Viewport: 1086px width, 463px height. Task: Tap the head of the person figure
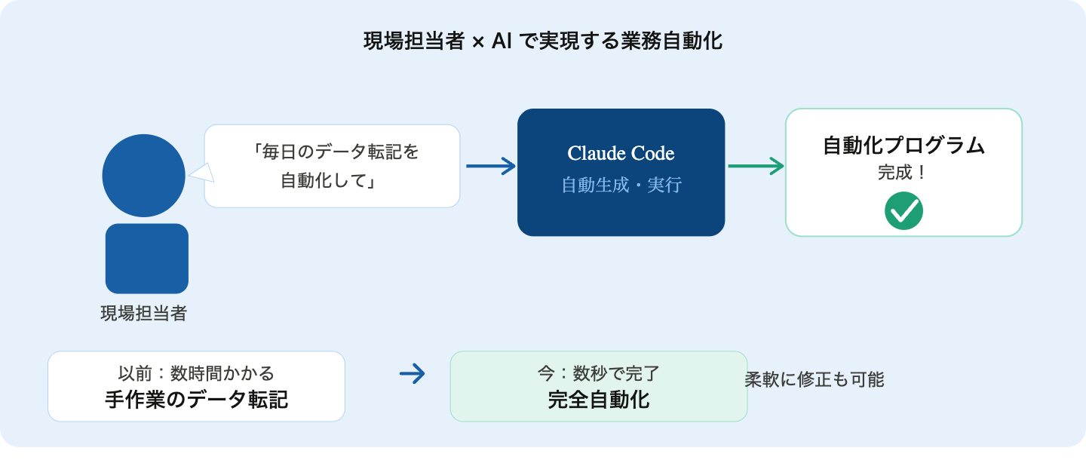[143, 176]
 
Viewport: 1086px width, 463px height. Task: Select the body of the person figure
[146, 259]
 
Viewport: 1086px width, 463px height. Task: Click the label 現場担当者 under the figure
[143, 314]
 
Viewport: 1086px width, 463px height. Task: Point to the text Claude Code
[621, 154]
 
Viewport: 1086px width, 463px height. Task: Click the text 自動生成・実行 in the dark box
[621, 185]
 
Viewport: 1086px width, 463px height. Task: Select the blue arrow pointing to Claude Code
[490, 166]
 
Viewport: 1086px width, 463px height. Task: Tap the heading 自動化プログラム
[903, 146]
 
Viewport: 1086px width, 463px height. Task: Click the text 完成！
[903, 173]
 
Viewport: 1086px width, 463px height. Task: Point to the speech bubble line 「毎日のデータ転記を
[336, 152]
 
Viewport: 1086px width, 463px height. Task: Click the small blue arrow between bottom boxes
[412, 373]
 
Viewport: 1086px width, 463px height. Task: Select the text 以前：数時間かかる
[196, 373]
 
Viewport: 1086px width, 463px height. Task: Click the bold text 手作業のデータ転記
[196, 399]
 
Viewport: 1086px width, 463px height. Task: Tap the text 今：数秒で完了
[598, 373]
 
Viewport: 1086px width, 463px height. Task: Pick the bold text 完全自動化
[598, 399]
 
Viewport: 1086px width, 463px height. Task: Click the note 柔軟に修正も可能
[814, 379]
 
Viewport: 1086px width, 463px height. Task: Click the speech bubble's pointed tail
[200, 174]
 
